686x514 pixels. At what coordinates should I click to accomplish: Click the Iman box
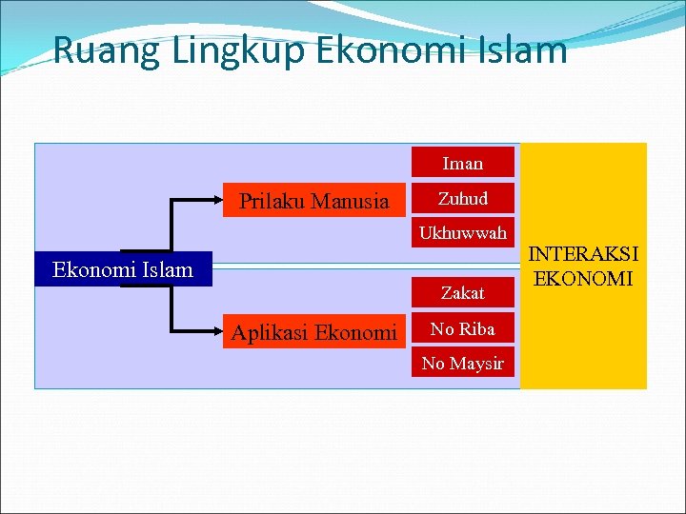point(462,163)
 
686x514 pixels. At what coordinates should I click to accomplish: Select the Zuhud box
point(462,199)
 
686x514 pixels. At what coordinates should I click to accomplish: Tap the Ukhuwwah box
point(462,233)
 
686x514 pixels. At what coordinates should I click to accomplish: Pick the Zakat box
point(462,293)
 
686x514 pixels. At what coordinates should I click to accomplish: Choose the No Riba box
point(462,329)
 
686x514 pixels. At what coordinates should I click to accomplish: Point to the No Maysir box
point(462,364)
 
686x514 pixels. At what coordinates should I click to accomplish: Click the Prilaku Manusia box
point(313,201)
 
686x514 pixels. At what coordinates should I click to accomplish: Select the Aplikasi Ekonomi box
point(313,332)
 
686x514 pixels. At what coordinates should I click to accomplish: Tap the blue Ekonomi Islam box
point(122,269)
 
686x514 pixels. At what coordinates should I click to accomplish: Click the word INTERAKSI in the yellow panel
point(584,254)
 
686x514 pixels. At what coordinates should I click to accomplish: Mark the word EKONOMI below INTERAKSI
point(584,278)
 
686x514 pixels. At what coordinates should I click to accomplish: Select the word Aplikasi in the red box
point(270,332)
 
